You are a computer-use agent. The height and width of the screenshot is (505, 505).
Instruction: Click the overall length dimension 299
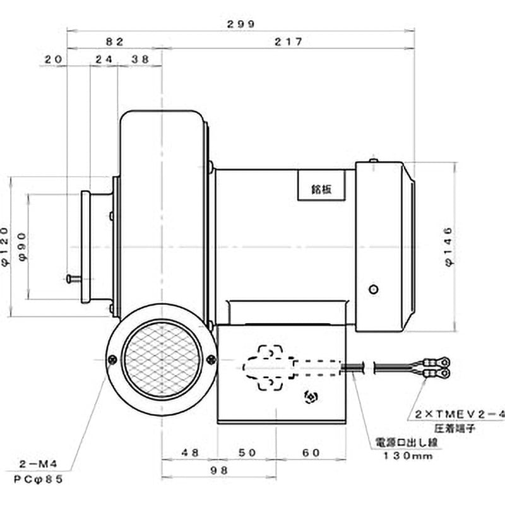tap(240, 24)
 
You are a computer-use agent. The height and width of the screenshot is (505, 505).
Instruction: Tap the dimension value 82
tap(114, 42)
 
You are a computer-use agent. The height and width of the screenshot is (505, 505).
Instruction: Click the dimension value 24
tap(104, 59)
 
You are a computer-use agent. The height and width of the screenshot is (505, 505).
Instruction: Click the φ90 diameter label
tap(24, 246)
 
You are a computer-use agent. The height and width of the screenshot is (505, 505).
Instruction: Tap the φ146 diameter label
tap(449, 246)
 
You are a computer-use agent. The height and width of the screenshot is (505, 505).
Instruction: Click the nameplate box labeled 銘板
tap(321, 186)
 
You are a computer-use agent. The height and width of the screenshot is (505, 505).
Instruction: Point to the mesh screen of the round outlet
tap(162, 360)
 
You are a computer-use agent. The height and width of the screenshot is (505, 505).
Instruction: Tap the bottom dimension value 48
tap(189, 453)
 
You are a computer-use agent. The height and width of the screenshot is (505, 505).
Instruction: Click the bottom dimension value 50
tap(249, 453)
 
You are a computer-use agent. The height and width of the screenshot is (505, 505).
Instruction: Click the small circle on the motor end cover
tap(374, 289)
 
